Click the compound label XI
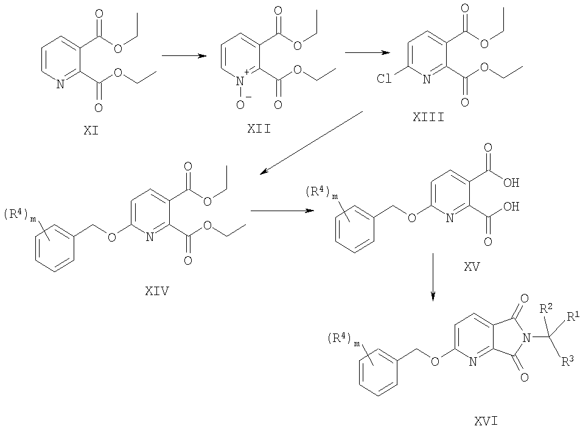91,131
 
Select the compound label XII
259,129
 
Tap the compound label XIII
428,117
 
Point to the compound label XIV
157,291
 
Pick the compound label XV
472,267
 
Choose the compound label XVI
486,421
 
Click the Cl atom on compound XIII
384,78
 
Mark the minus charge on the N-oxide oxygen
248,97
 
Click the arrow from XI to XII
184,56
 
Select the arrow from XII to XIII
368,52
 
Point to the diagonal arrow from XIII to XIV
311,143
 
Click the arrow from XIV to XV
282,211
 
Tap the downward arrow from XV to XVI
433,277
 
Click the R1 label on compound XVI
573,316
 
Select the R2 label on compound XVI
546,308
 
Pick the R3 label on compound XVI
568,361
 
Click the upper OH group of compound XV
511,183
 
